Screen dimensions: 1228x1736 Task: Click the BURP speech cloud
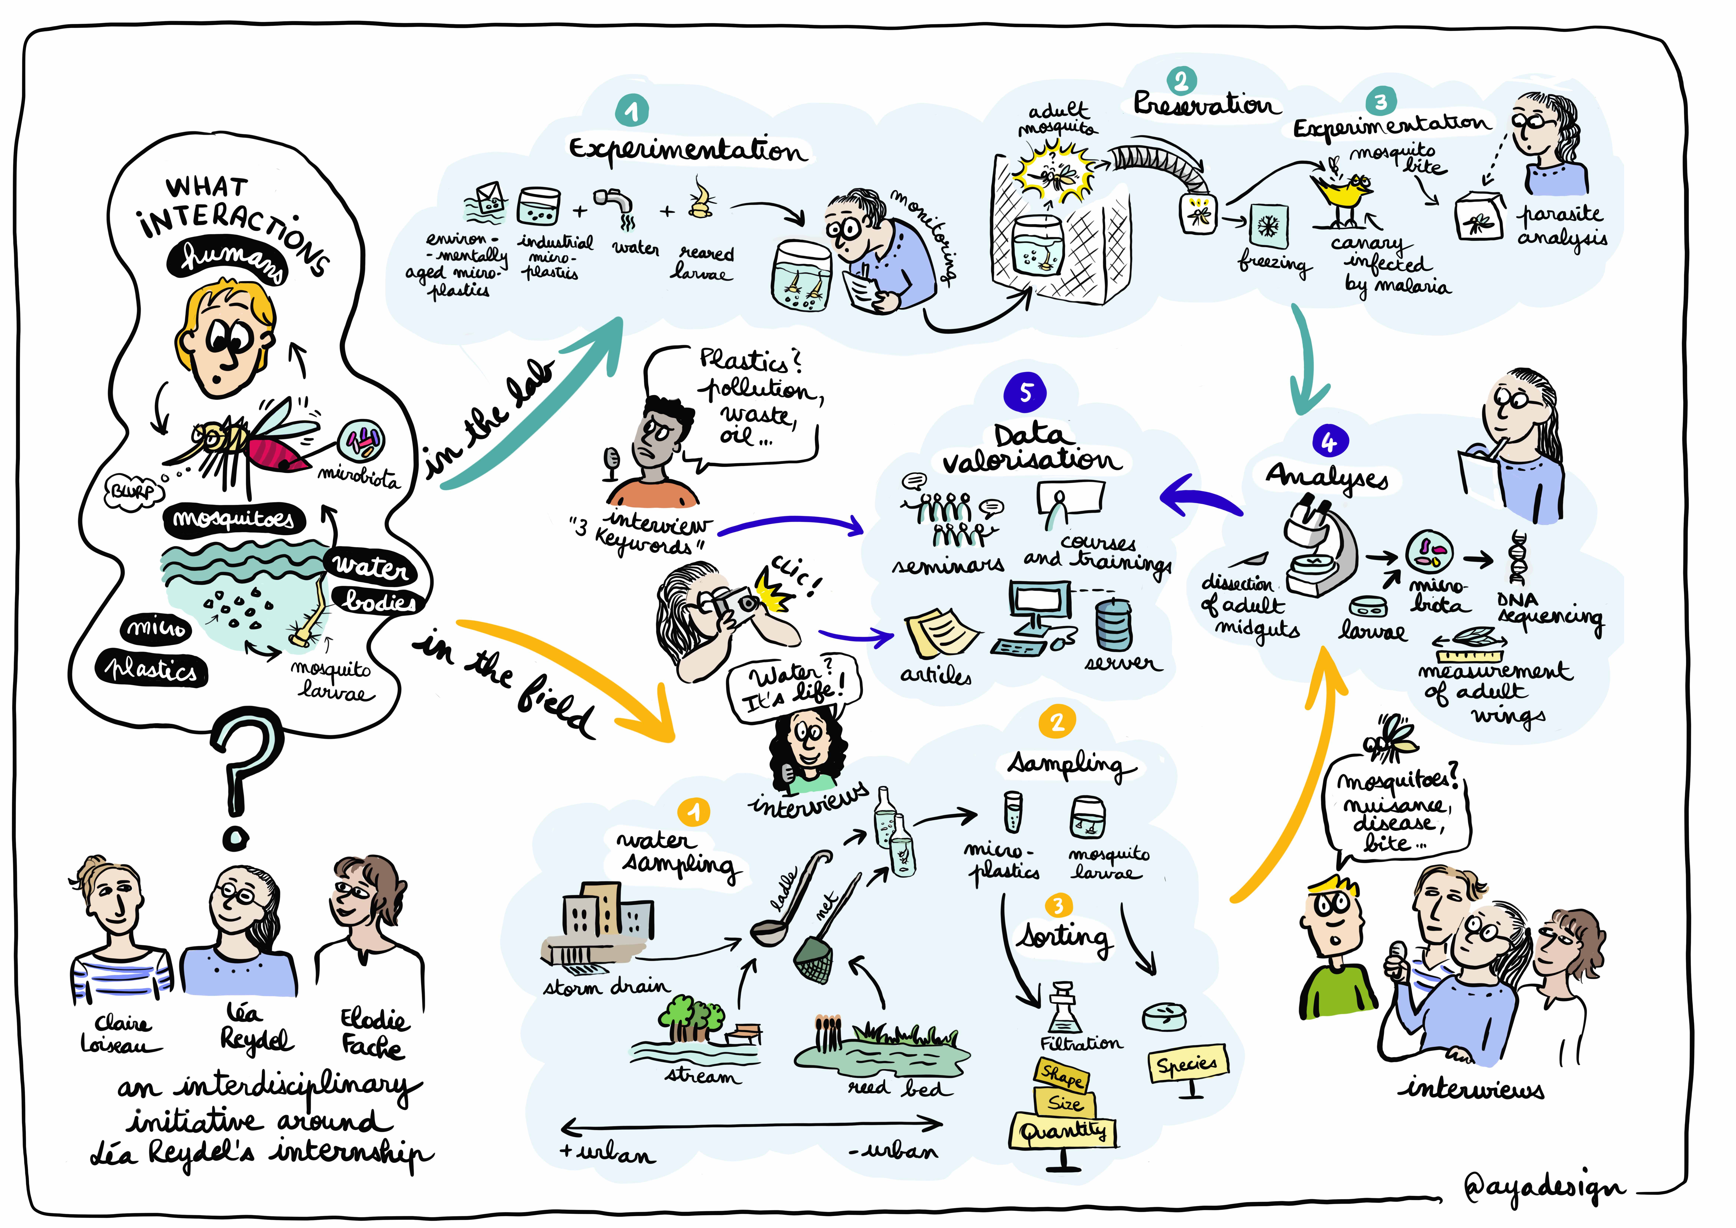[133, 491]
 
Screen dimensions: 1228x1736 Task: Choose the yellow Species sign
[1187, 1065]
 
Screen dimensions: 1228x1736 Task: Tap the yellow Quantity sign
[1062, 1131]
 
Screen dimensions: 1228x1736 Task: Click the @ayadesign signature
[1542, 1187]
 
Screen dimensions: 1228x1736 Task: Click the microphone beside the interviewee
[612, 461]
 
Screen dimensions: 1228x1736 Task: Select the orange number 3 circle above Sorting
[1057, 906]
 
